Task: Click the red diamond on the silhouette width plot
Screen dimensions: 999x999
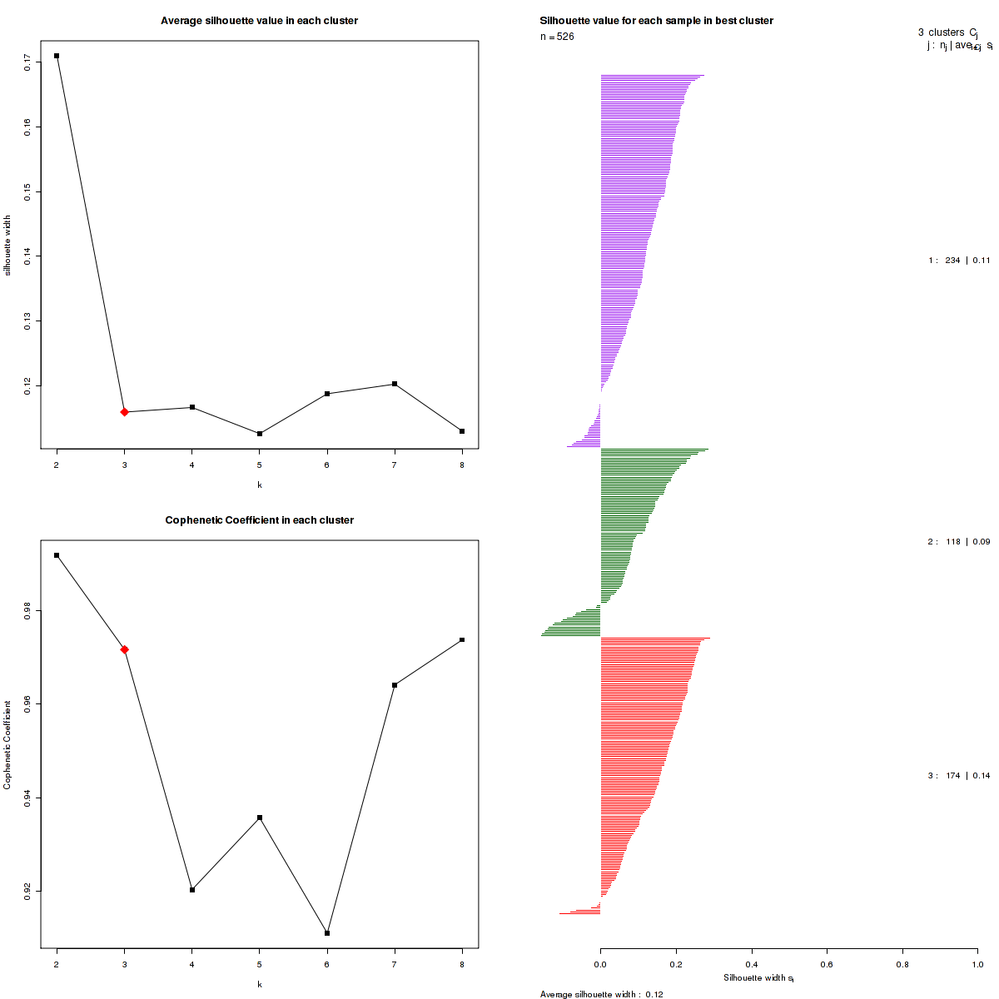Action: coord(124,412)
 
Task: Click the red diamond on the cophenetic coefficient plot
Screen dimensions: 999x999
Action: coord(124,649)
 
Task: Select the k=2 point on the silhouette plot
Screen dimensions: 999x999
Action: coord(57,56)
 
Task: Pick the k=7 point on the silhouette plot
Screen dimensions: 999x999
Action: coord(395,384)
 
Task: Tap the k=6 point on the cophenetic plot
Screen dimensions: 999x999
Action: coord(327,933)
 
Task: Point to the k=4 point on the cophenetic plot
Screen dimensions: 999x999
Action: coord(192,890)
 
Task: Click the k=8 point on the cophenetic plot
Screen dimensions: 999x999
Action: coord(462,640)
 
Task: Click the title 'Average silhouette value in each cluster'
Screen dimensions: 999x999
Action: coord(259,21)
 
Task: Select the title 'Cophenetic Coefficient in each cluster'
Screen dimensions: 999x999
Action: coord(259,520)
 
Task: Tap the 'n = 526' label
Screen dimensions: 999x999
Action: coord(557,37)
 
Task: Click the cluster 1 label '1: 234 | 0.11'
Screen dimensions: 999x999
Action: coord(959,261)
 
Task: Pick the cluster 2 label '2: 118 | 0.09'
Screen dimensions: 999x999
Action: coord(959,542)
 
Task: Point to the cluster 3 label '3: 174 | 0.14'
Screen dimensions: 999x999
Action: coord(959,776)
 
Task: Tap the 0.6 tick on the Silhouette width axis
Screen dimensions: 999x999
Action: coord(827,964)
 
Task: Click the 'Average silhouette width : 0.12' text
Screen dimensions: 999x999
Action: coord(601,994)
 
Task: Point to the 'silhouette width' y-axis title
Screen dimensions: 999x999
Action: coord(7,246)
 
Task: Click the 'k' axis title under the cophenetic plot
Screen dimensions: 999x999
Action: coord(259,984)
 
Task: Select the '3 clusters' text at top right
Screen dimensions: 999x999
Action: coord(941,32)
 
